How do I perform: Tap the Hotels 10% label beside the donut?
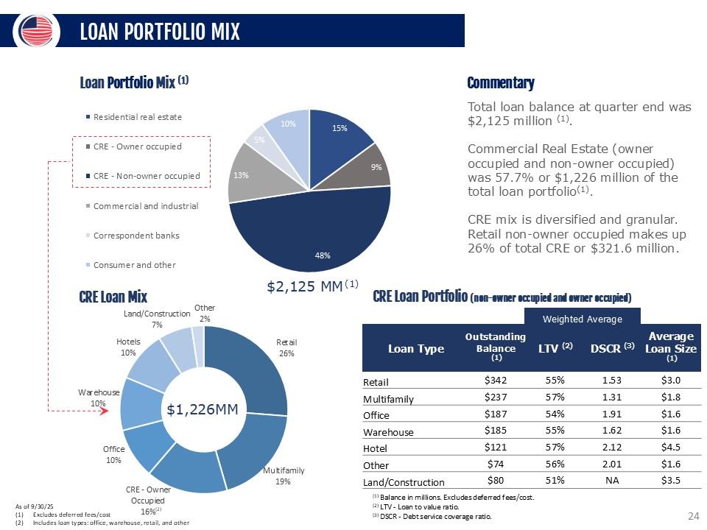click(128, 347)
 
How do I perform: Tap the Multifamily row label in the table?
click(388, 399)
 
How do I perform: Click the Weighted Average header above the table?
click(582, 319)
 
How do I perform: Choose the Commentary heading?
click(501, 83)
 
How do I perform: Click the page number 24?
click(692, 517)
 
